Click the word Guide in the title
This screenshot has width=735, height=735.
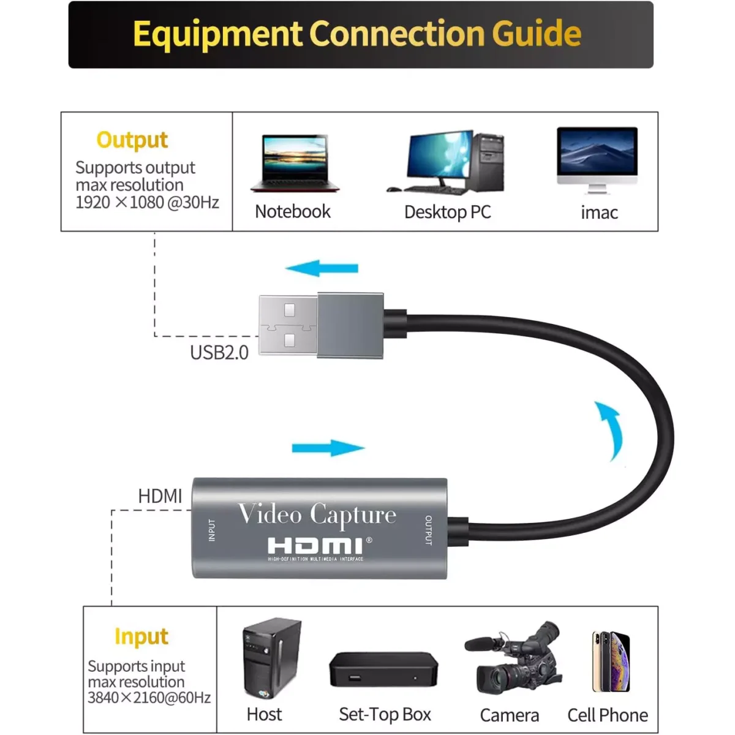[x=537, y=34]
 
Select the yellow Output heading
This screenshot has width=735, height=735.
[x=132, y=140]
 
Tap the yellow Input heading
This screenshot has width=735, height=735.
[x=141, y=637]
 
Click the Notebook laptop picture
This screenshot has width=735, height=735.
[x=295, y=164]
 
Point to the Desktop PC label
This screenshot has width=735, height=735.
[x=448, y=212]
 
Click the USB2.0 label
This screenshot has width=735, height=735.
[x=219, y=353]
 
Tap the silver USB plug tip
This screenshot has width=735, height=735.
[x=288, y=325]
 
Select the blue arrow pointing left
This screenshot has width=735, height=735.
[x=322, y=268]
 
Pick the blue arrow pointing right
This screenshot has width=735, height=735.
[x=328, y=448]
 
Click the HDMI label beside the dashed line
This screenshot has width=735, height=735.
[x=160, y=496]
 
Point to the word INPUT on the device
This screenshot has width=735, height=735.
[x=212, y=530]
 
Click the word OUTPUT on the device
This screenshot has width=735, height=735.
[x=428, y=530]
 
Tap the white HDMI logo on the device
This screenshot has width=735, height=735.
[x=315, y=545]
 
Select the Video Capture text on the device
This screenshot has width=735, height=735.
[x=317, y=514]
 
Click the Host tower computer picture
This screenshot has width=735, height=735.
[x=271, y=659]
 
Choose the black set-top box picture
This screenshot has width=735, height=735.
[x=383, y=669]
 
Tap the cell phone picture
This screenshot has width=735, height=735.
[x=611, y=661]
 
